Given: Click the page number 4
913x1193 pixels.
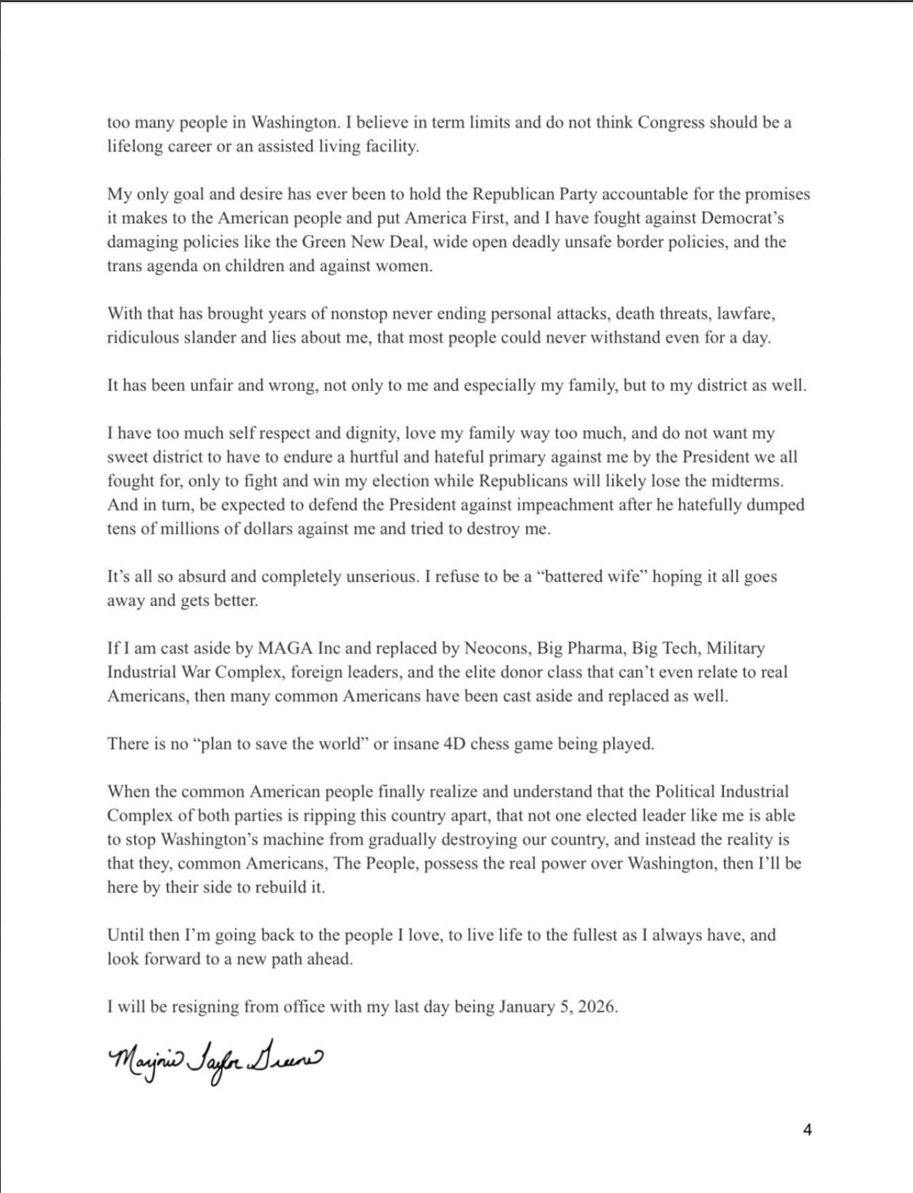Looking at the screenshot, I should tap(808, 1130).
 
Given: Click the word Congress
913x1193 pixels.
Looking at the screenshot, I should tap(671, 122).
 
